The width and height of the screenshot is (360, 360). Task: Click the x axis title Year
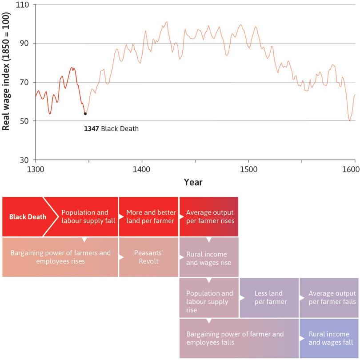[x=193, y=182]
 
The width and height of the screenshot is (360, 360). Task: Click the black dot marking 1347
[x=85, y=114]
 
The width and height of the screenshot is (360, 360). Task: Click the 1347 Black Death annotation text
[x=111, y=129]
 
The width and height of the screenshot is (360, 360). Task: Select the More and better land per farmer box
[x=148, y=217]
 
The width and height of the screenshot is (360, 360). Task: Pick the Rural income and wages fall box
[x=329, y=338]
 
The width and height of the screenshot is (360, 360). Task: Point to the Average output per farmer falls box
[x=329, y=298]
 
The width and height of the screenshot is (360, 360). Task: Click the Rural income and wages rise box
[x=208, y=257]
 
